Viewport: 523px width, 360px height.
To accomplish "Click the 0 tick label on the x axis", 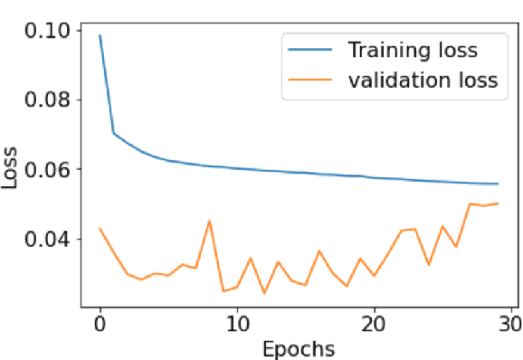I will [x=100, y=323].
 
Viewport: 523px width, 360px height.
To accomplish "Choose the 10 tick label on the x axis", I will [x=237, y=323].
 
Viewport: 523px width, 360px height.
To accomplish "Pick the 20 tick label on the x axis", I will [x=374, y=323].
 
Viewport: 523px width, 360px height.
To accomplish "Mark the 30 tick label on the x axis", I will [x=510, y=323].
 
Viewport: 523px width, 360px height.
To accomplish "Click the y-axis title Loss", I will [x=11, y=166].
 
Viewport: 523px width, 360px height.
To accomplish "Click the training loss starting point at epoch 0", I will [x=100, y=35].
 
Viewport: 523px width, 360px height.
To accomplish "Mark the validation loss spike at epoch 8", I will [x=209, y=221].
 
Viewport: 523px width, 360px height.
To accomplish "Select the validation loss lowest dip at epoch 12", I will [x=264, y=293].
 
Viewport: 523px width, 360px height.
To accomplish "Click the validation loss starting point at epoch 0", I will [x=100, y=228].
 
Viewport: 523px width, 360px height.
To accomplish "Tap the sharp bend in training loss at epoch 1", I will [x=114, y=133].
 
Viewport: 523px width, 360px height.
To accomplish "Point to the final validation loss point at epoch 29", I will [x=497, y=204].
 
